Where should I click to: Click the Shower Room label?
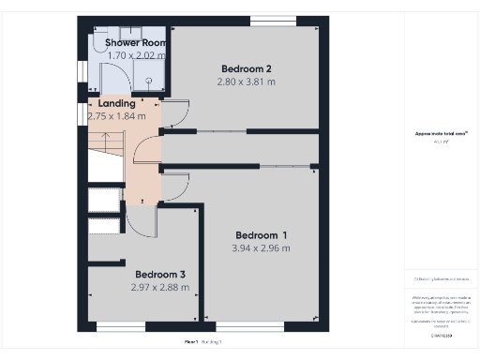136,43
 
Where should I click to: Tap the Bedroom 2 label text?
246,68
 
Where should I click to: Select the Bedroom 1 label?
261,234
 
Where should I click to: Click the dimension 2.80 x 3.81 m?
246,82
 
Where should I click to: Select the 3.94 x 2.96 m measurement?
261,248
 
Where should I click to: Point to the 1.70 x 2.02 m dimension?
136,56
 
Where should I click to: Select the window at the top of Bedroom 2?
273,20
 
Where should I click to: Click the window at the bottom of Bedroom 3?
121,327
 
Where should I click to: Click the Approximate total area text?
440,134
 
